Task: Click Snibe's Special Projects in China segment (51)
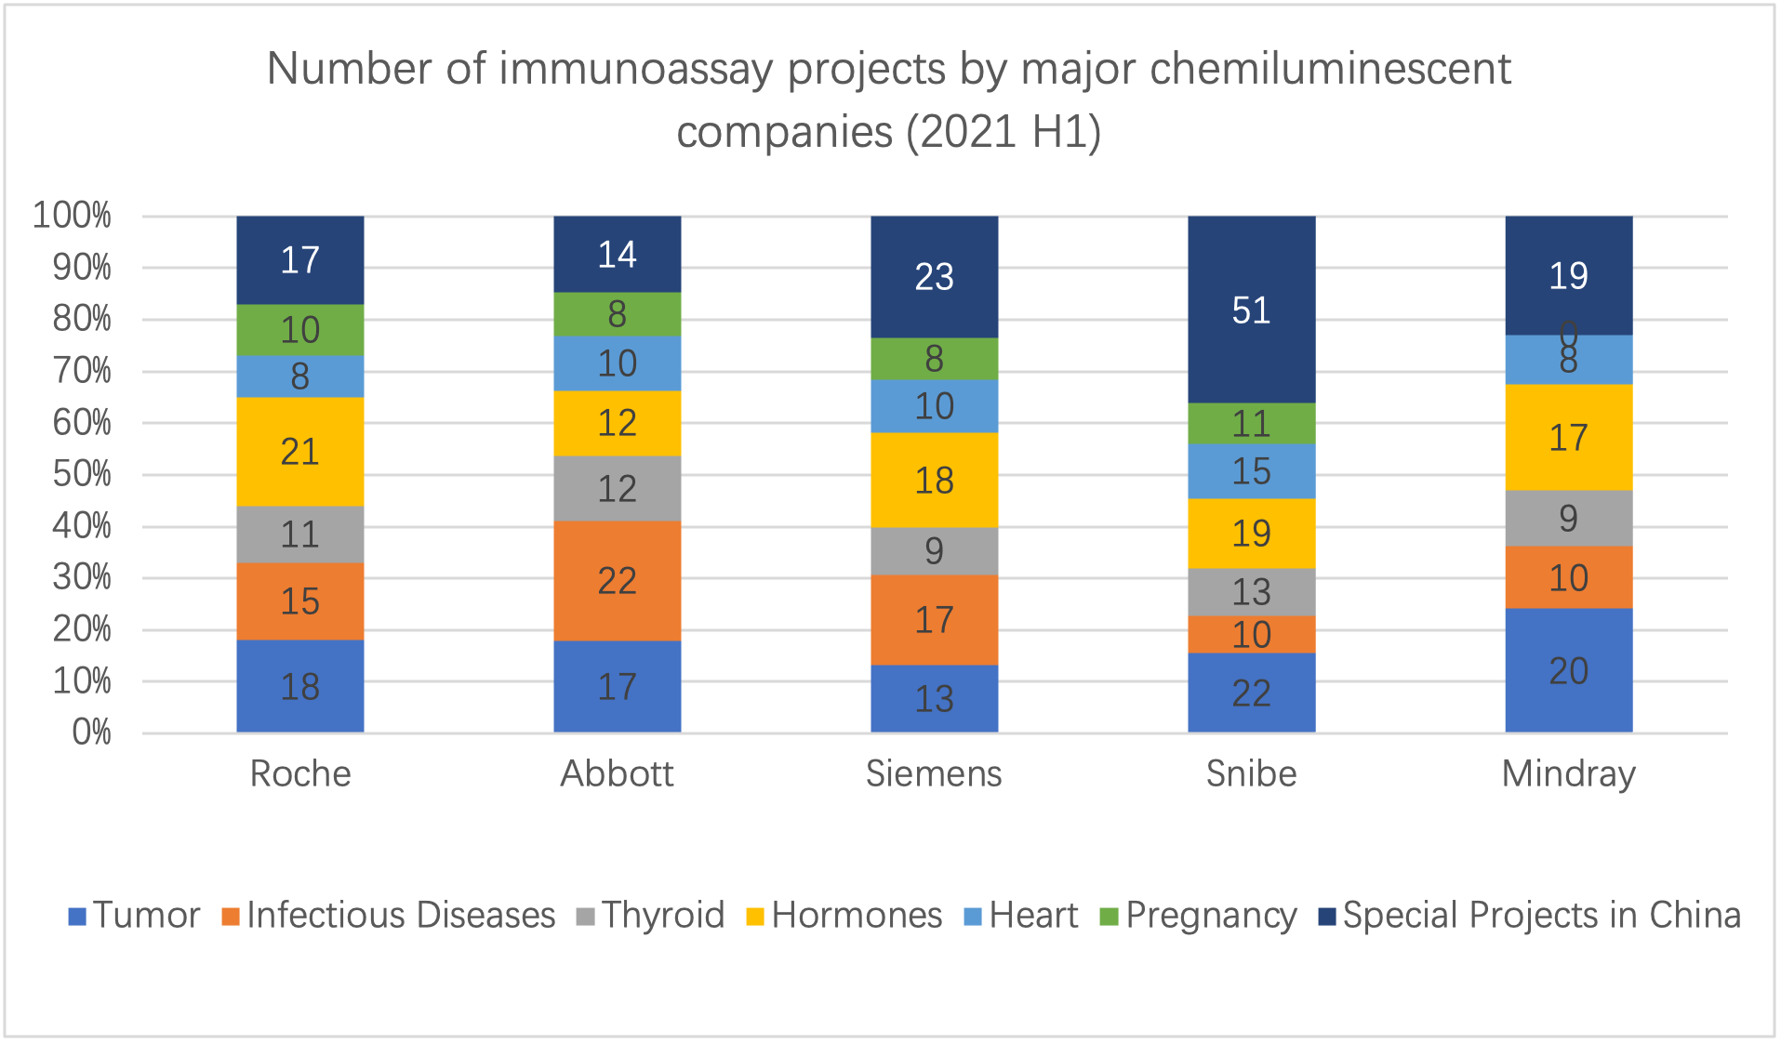click(1251, 310)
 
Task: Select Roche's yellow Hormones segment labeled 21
click(299, 452)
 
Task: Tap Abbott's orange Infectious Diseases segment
click(617, 581)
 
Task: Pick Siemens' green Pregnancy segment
click(934, 359)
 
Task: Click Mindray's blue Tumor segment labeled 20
click(1568, 670)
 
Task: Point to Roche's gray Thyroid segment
click(299, 535)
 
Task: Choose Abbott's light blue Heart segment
click(617, 363)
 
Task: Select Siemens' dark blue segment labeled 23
click(934, 276)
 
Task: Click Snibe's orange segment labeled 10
click(1251, 635)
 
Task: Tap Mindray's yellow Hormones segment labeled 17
click(1568, 437)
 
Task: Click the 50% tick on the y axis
click(82, 474)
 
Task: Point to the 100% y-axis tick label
click(73, 216)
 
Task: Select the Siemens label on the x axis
click(934, 773)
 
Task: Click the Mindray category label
click(1568, 773)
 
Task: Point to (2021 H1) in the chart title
click(1003, 132)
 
